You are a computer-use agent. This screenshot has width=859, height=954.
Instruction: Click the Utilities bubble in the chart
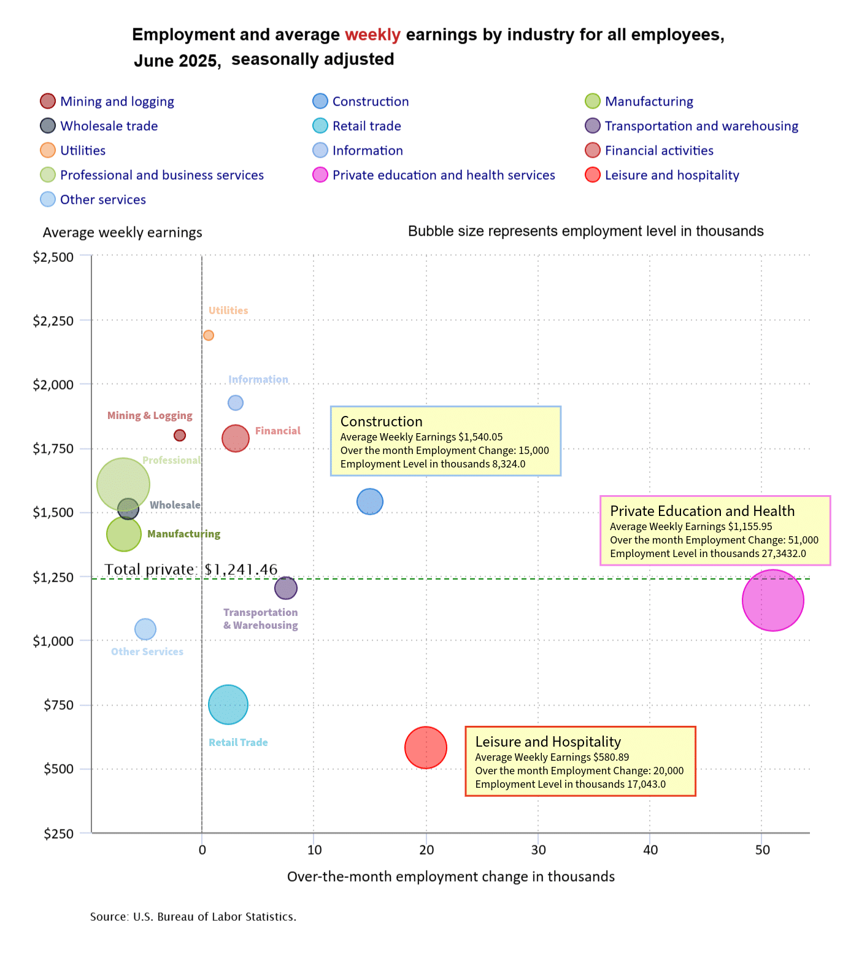209,335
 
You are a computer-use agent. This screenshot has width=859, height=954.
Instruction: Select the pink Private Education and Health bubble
772,600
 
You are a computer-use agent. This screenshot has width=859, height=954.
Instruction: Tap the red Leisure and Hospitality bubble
425,747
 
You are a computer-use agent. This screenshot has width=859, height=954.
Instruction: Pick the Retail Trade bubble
228,705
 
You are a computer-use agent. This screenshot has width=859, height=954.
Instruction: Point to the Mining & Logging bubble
180,435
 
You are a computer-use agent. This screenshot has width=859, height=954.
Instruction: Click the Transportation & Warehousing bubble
286,588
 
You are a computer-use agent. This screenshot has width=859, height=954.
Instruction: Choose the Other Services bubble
145,629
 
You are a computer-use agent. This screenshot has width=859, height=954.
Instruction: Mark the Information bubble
236,403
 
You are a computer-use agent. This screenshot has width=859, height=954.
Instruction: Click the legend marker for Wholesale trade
48,126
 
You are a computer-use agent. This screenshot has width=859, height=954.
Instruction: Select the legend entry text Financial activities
659,150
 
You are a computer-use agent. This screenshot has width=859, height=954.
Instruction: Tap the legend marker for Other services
48,199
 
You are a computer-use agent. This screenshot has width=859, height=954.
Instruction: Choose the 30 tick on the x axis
538,850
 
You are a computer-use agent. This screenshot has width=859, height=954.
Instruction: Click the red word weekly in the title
372,34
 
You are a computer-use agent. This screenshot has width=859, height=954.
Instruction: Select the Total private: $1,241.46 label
191,569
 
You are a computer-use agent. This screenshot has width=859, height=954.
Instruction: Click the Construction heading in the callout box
381,421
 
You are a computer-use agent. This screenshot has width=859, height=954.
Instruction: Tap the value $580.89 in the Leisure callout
611,757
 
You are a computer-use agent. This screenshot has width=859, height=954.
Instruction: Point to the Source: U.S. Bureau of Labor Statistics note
193,917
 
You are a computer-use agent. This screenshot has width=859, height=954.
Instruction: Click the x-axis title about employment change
451,877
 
